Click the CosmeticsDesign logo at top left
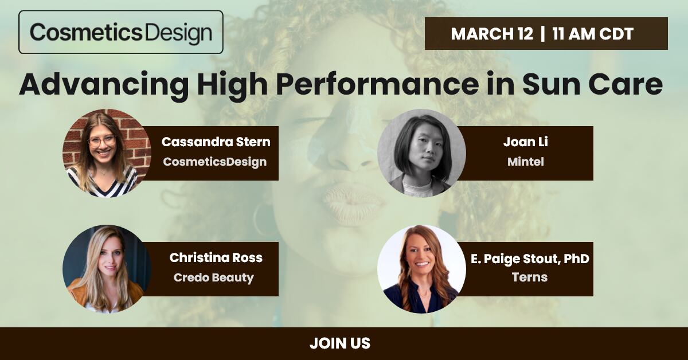121,32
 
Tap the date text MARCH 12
492,34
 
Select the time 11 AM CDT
593,34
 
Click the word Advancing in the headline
104,85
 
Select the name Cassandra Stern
216,142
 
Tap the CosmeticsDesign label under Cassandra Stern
214,162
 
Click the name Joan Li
526,142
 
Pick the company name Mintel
526,162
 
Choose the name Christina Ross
216,258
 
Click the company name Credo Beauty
214,277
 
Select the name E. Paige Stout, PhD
530,259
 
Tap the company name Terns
530,277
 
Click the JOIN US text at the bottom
340,343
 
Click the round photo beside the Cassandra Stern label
107,153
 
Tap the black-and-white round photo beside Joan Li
422,153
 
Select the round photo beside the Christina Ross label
107,269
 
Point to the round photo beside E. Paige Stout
422,269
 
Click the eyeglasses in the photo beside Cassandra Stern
102,140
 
